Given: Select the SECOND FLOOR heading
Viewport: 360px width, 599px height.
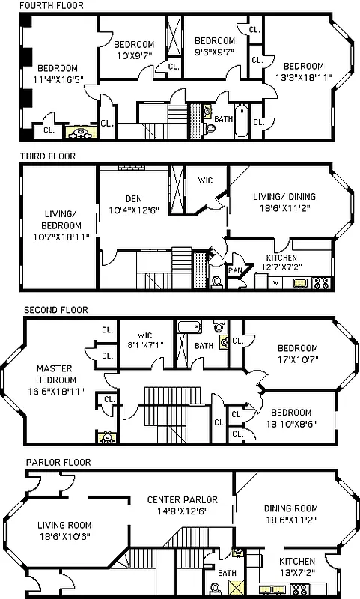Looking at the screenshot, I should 55,309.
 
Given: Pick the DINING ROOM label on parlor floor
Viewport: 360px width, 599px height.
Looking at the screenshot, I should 290,508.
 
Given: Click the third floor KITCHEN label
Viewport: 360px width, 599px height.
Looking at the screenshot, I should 281,258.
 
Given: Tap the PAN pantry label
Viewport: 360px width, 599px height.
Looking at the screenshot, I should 235,270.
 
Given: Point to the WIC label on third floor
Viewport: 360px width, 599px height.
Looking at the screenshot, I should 205,180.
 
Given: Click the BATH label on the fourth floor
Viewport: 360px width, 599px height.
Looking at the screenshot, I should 223,118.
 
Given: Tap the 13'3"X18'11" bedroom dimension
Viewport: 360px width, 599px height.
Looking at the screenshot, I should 303,76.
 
